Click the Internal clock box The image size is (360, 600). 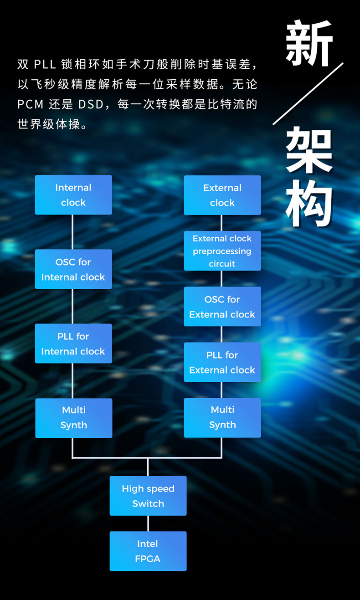pyautogui.click(x=73, y=195)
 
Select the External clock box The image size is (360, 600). pyautogui.click(x=222, y=195)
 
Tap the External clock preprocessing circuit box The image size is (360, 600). pyautogui.click(x=222, y=251)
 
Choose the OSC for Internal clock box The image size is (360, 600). pyautogui.click(x=73, y=269)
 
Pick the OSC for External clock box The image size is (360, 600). pyautogui.click(x=222, y=307)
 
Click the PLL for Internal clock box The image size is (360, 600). pyautogui.click(x=73, y=344)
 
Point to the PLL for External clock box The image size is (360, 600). pyautogui.click(x=222, y=362)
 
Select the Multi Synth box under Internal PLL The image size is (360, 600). pyautogui.click(x=74, y=418)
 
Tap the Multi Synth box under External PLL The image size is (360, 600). pyautogui.click(x=222, y=417)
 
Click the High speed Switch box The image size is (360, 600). pyautogui.click(x=148, y=496)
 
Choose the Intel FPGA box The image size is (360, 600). pyautogui.click(x=148, y=551)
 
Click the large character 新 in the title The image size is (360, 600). pyautogui.click(x=309, y=43)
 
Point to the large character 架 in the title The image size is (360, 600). pyautogui.click(x=309, y=150)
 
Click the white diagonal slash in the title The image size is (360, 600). pyautogui.click(x=308, y=94)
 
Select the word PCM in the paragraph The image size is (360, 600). pyautogui.click(x=31, y=104)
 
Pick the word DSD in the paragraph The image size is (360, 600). pyautogui.click(x=91, y=104)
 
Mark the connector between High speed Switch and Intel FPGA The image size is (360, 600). pyautogui.click(x=148, y=523)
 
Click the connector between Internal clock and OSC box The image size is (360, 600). pyautogui.click(x=73, y=232)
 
